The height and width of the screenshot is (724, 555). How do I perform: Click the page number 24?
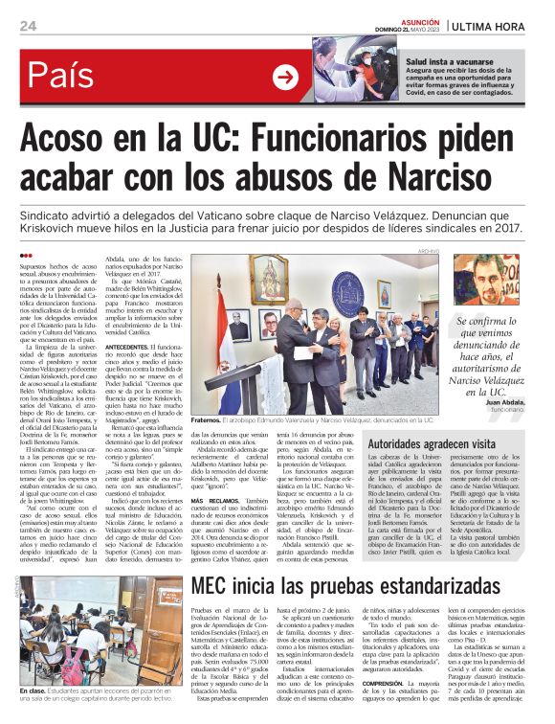(28, 26)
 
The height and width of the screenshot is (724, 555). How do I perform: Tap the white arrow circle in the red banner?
(285, 77)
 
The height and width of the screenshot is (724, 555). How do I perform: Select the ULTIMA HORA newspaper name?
(496, 26)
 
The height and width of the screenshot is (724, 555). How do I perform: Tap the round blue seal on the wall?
(345, 284)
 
